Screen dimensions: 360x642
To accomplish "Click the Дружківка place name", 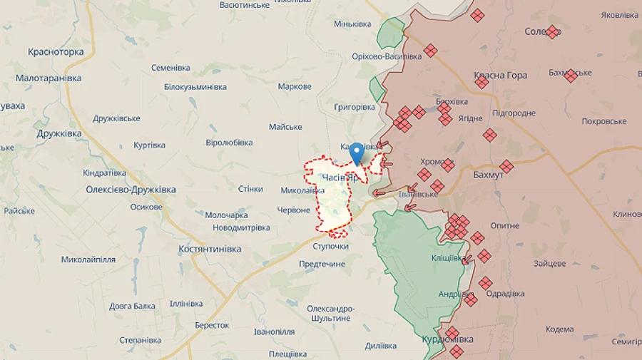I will click(x=59, y=133).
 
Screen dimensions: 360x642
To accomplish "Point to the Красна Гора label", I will click(x=500, y=75).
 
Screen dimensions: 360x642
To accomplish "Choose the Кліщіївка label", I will click(x=449, y=257).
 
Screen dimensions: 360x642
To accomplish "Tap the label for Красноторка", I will click(x=56, y=52).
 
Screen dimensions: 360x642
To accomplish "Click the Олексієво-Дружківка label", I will click(x=131, y=190).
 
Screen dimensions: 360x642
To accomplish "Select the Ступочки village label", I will click(x=330, y=246).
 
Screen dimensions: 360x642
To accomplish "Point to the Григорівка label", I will click(x=354, y=107).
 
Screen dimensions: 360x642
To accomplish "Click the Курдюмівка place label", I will click(x=447, y=339).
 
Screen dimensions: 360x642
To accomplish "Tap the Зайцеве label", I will click(x=549, y=263).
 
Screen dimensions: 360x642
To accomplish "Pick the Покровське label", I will click(x=603, y=121).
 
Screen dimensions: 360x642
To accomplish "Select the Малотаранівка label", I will click(x=49, y=78).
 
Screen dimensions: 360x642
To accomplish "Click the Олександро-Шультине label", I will click(x=330, y=314).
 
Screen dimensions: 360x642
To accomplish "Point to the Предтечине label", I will click(x=322, y=264).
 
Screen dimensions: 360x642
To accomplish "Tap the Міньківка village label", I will click(x=352, y=24).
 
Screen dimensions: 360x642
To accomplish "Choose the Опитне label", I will click(x=505, y=225).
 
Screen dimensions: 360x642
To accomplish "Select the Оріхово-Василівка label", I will click(x=387, y=56).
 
